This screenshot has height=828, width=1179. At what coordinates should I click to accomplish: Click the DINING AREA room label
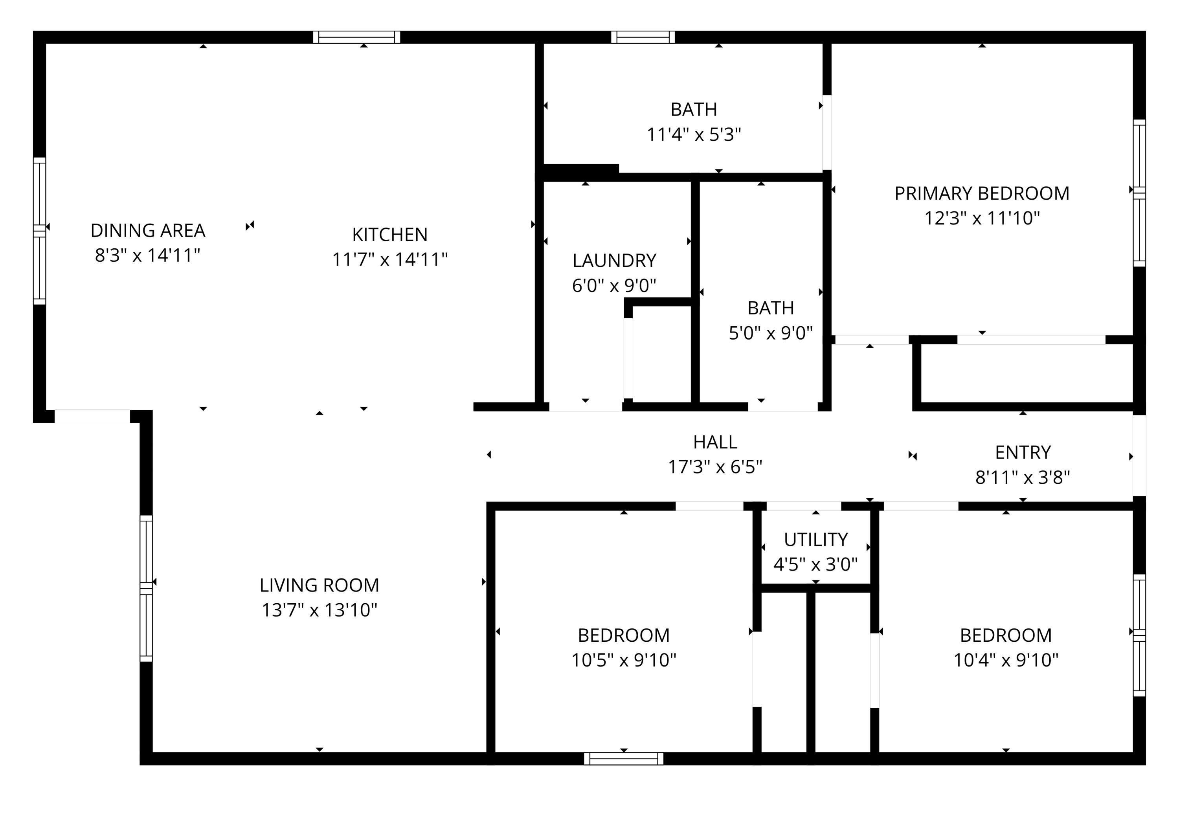[148, 231]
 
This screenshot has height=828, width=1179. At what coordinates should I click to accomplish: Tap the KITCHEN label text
[390, 235]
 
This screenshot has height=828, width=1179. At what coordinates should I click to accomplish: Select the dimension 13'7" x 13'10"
[320, 610]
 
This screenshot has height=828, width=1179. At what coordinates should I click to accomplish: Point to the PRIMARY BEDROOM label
[982, 193]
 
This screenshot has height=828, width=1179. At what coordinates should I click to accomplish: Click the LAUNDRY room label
[614, 261]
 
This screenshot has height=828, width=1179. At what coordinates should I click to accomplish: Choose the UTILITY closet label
[815, 540]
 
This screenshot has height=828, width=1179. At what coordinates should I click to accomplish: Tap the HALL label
[715, 442]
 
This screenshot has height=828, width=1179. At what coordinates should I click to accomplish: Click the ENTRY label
[1023, 452]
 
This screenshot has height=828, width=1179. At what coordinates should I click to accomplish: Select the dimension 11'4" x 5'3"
[694, 134]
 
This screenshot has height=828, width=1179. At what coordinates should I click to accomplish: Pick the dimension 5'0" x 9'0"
[771, 333]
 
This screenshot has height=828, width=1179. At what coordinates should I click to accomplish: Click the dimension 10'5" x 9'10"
[624, 660]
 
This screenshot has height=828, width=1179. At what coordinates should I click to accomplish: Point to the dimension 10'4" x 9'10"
[1006, 660]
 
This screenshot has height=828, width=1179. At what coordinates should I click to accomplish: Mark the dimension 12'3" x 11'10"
[982, 218]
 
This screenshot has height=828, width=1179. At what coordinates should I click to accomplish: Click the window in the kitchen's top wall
[356, 37]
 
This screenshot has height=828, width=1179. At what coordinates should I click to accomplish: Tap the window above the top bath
[643, 37]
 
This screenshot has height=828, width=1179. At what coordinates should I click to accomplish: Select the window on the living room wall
[146, 588]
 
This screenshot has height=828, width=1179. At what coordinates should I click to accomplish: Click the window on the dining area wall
[40, 231]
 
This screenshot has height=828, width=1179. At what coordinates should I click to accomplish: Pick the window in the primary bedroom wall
[1139, 193]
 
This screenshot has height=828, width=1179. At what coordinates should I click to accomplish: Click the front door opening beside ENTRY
[1139, 455]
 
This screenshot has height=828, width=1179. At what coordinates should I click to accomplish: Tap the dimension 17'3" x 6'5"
[715, 467]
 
